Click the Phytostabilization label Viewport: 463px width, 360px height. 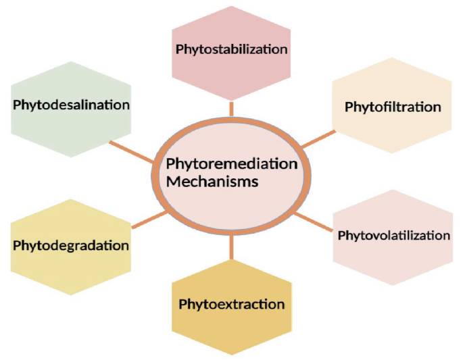231,49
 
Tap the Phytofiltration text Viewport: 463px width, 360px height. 393,107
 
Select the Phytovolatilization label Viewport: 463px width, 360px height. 393,236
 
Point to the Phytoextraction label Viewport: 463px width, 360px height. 231,304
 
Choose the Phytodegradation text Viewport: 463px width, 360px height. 70,245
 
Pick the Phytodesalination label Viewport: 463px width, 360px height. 70,105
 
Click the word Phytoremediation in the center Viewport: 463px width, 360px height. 231,164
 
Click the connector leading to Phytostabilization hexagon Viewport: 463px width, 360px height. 231,108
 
